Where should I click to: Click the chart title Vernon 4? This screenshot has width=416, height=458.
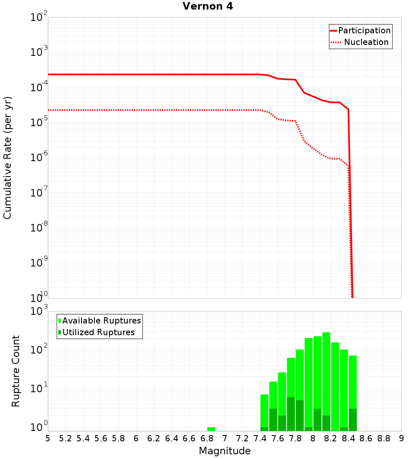(x=208, y=7)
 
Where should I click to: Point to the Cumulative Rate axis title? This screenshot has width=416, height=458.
(x=7, y=158)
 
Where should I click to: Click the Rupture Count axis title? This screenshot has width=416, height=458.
(x=16, y=371)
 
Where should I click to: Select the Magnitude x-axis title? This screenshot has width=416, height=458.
(x=225, y=451)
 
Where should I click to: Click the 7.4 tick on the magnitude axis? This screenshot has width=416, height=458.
(x=260, y=438)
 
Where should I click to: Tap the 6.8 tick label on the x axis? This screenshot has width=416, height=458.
(x=207, y=438)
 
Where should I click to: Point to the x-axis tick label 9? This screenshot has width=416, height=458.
(x=401, y=438)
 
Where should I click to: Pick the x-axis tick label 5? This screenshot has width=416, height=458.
(x=48, y=438)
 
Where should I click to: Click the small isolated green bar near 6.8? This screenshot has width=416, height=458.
(x=211, y=429)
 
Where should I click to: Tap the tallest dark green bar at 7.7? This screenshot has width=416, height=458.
(x=291, y=414)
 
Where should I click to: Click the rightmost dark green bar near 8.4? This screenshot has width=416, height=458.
(x=353, y=420)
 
